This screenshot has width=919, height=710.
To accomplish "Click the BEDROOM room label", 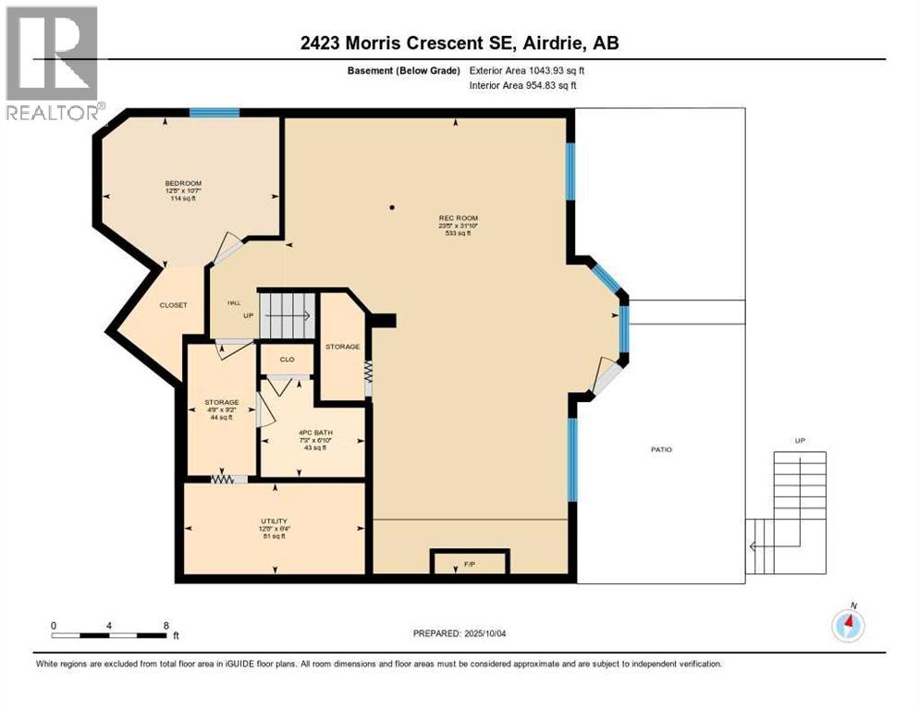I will [183, 183].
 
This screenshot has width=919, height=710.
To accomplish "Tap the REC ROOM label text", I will [458, 219].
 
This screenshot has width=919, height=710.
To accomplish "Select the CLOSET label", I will [173, 305].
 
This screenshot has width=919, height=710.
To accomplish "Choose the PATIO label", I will [659, 449].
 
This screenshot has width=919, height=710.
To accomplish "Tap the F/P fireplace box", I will [470, 562].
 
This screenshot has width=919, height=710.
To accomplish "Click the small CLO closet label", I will [287, 360].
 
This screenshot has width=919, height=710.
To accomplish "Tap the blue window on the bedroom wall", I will [214, 113].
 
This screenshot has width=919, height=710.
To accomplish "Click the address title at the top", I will [459, 43].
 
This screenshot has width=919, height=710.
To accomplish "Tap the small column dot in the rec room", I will [391, 207].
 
